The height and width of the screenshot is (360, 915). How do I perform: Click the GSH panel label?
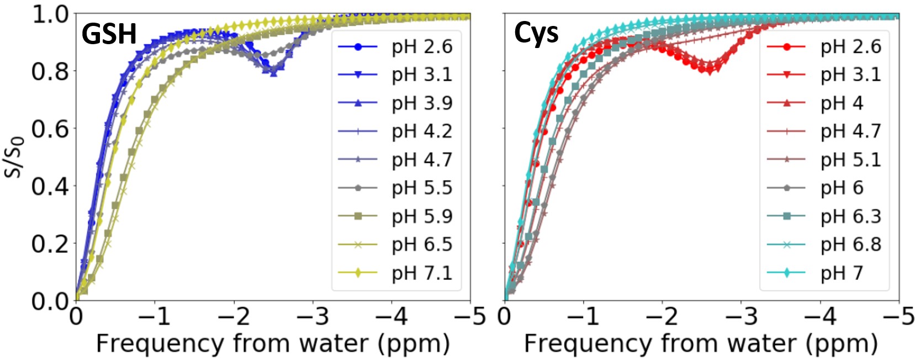(x=109, y=34)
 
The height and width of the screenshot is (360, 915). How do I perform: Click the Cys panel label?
(x=536, y=33)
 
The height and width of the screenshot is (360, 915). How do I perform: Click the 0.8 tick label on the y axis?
(x=50, y=71)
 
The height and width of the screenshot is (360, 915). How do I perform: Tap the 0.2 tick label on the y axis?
(x=50, y=243)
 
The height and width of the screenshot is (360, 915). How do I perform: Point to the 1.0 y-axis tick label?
(x=50, y=14)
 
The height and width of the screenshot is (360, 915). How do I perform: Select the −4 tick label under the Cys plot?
(x=819, y=317)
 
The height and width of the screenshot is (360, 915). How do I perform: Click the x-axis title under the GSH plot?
(x=273, y=343)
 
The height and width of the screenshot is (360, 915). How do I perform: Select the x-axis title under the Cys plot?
(x=701, y=343)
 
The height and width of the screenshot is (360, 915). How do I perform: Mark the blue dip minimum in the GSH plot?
(x=273, y=72)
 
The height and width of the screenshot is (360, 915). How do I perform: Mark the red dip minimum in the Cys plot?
(x=709, y=70)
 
